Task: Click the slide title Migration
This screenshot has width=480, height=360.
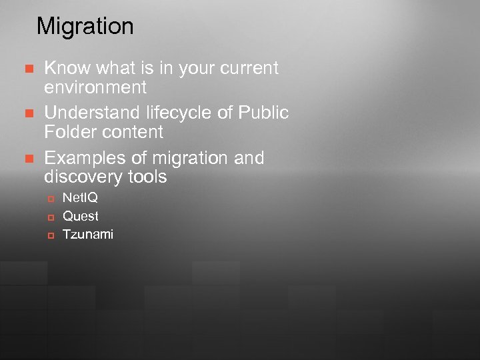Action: pyautogui.click(x=85, y=27)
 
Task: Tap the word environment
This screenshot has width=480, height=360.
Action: pyautogui.click(x=95, y=87)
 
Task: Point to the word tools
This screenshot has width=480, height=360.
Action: pyautogui.click(x=147, y=177)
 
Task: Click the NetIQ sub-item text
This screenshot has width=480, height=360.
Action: pyautogui.click(x=80, y=198)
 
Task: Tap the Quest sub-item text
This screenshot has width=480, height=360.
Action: pyautogui.click(x=80, y=216)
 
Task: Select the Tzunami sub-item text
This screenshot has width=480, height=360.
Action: pyautogui.click(x=88, y=234)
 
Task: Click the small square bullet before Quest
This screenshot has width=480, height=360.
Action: pyautogui.click(x=50, y=217)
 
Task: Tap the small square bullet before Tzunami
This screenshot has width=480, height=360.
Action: pyautogui.click(x=50, y=235)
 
